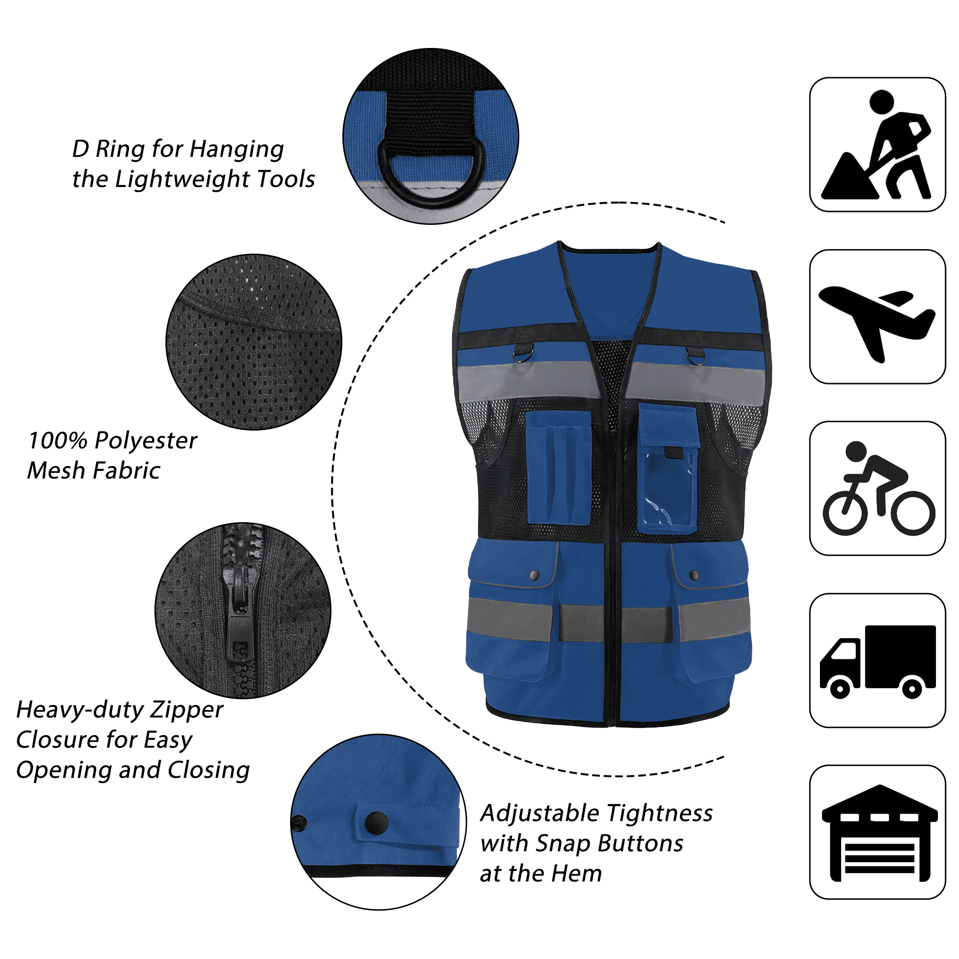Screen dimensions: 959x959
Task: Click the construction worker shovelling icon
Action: click(x=876, y=145)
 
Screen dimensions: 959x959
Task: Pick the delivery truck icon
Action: click(x=877, y=662)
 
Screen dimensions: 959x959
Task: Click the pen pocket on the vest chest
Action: click(x=559, y=467)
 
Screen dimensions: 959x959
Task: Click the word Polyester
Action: click(x=146, y=441)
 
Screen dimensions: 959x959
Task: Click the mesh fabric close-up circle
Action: click(x=254, y=342)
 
